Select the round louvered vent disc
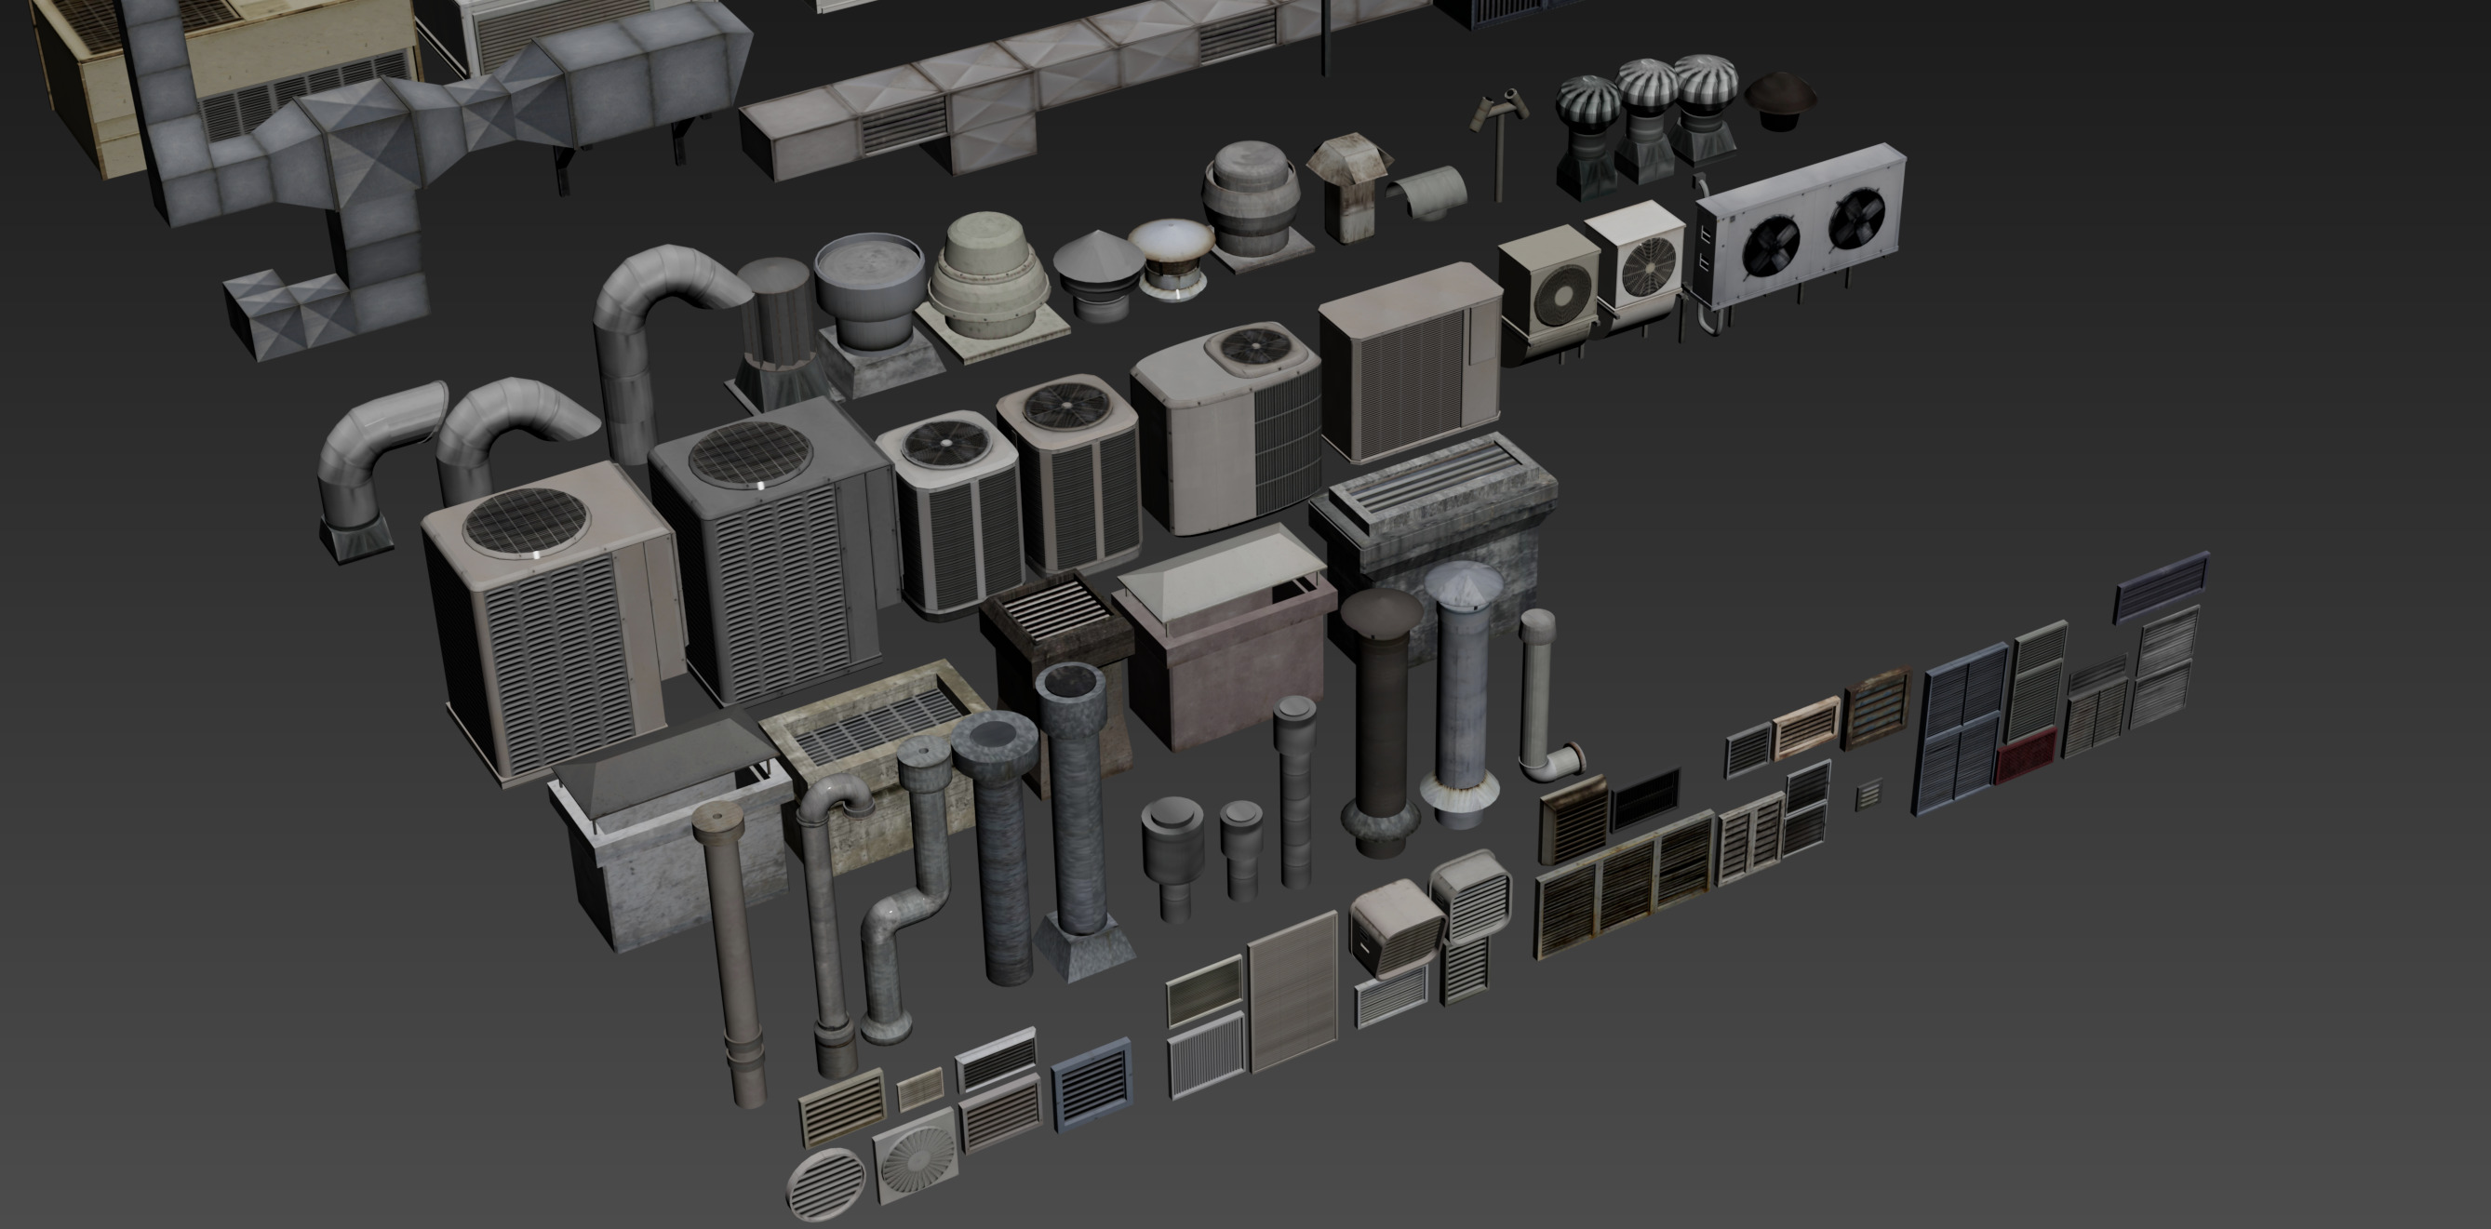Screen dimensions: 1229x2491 (x=825, y=1183)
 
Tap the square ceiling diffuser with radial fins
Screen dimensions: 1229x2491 (x=915, y=1156)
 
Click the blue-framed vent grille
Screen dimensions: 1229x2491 (x=1091, y=1084)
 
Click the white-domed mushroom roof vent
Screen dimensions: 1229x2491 (x=1171, y=253)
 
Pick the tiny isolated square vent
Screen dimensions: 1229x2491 (x=1868, y=794)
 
